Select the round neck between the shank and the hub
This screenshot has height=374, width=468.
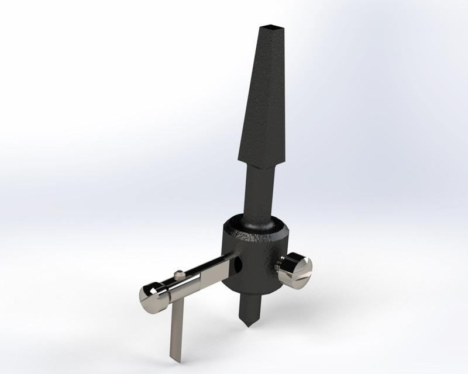[x=260, y=193]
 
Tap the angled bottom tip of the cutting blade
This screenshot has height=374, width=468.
[x=174, y=358]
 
